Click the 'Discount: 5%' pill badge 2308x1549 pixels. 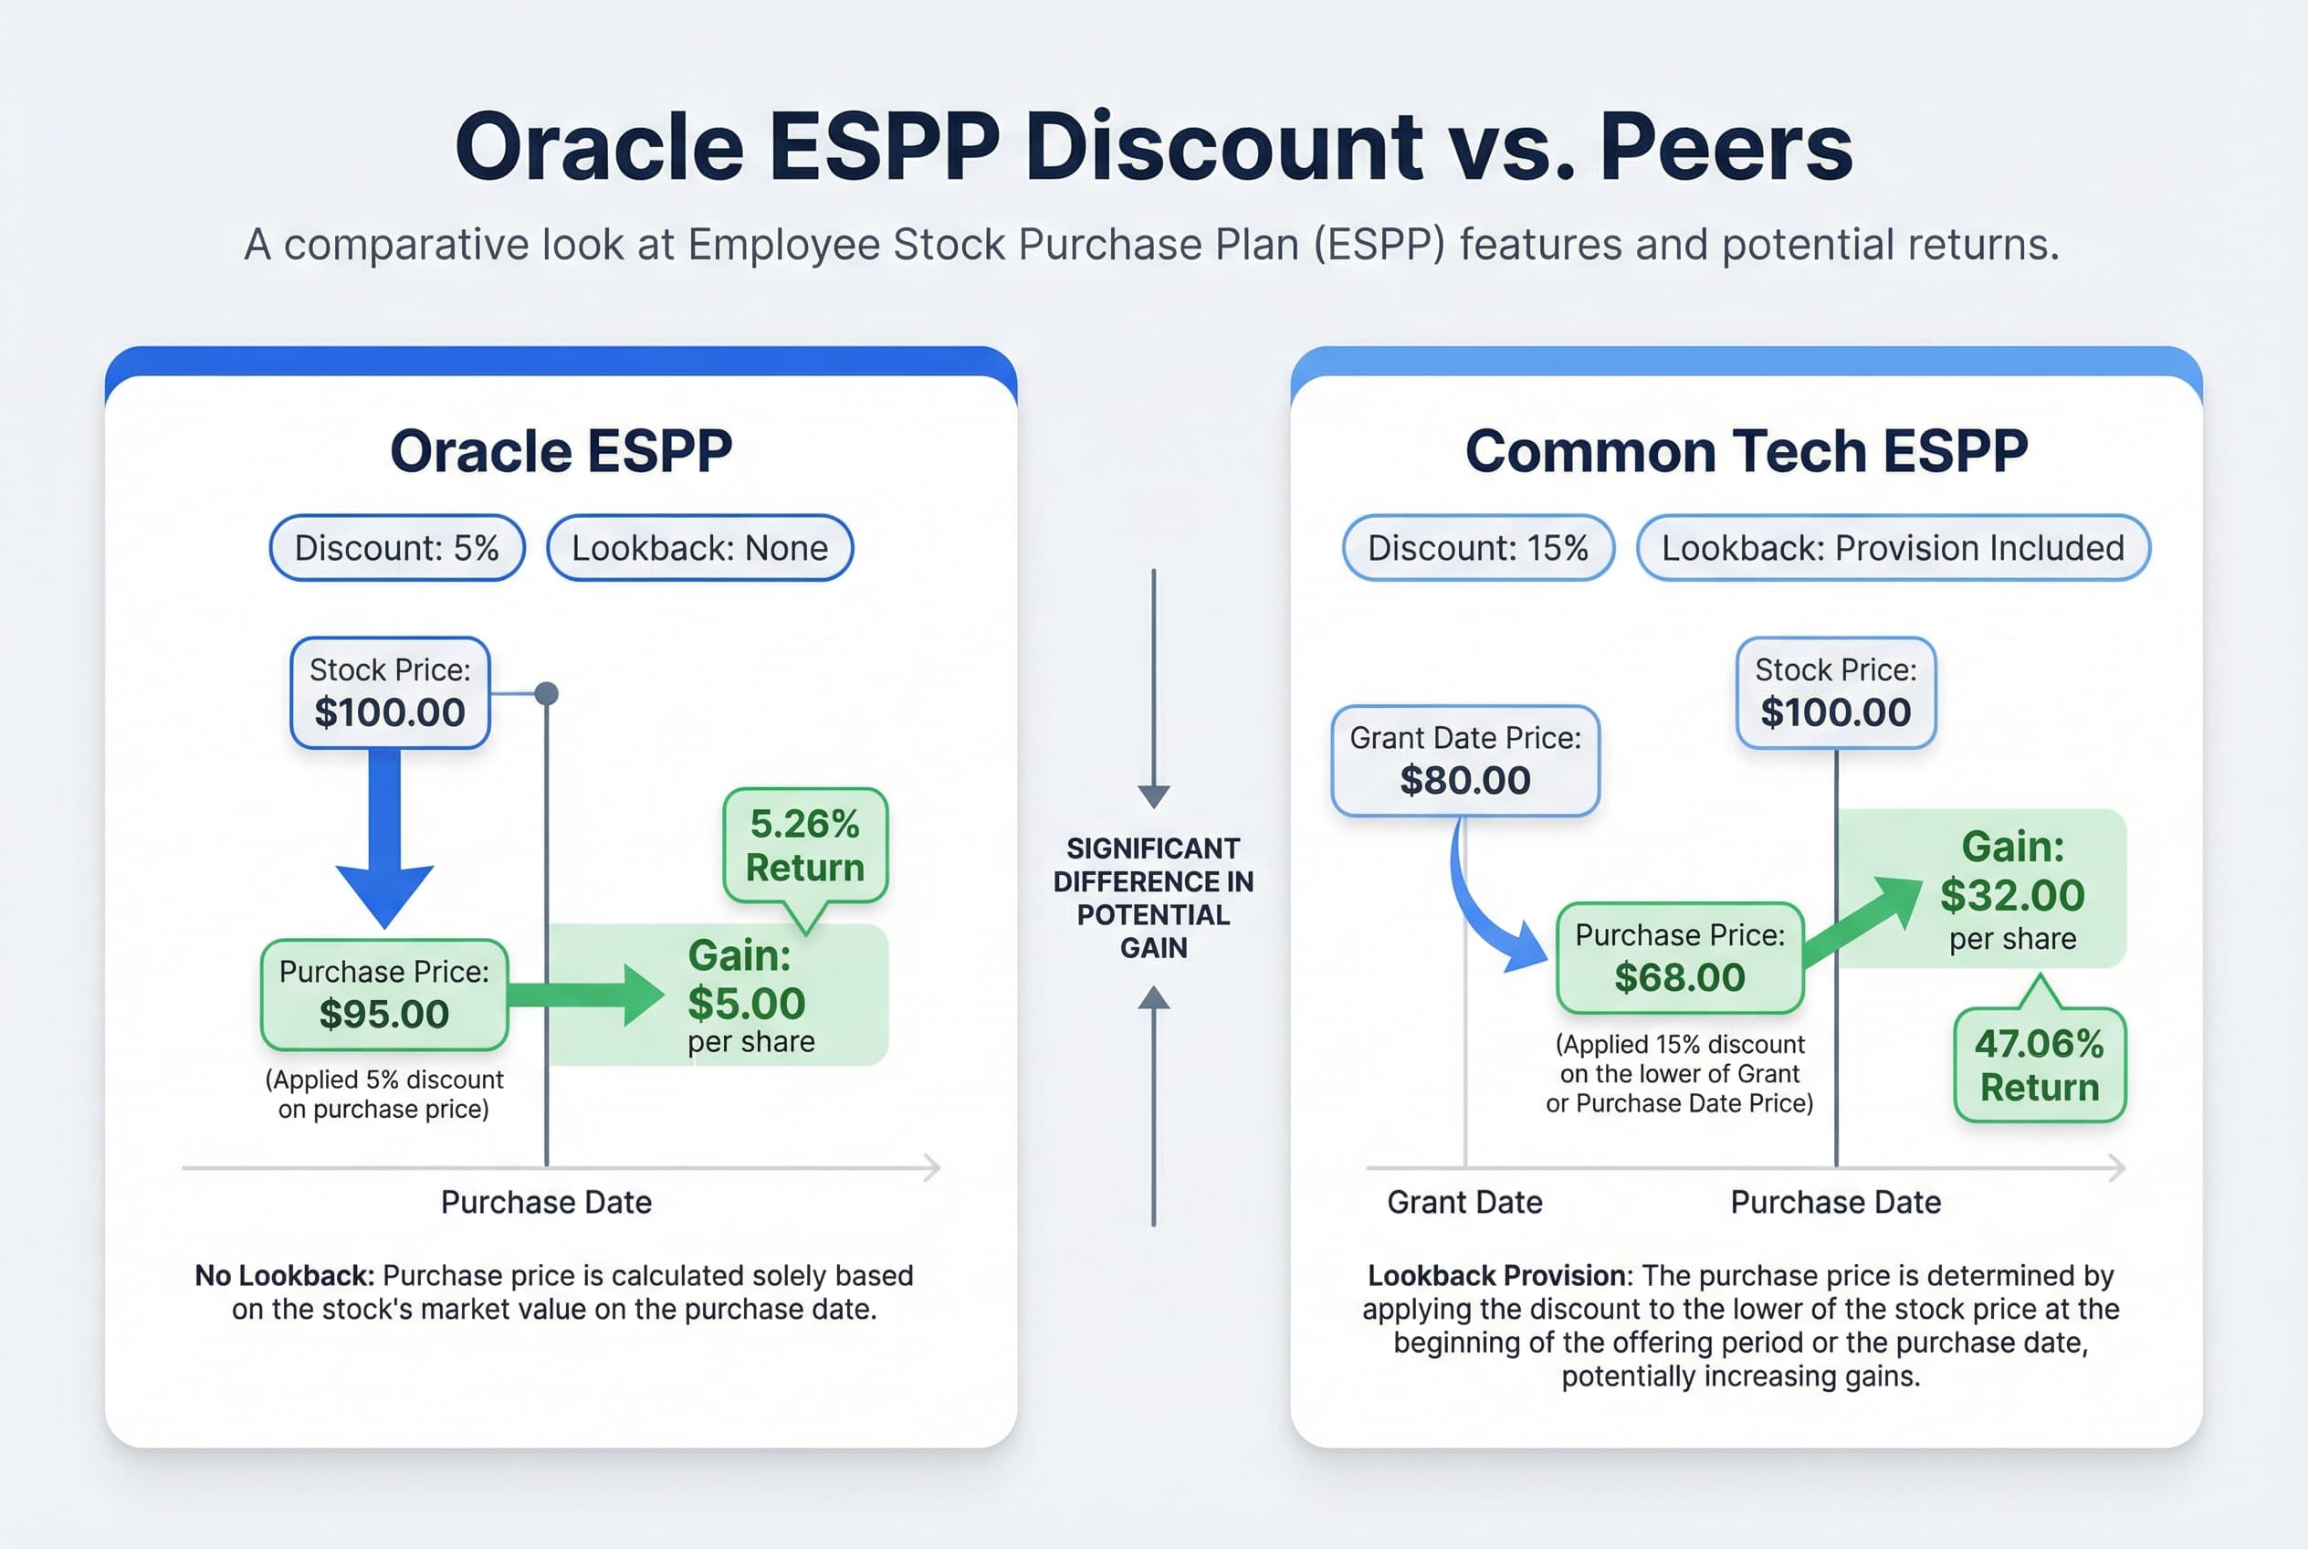[397, 547]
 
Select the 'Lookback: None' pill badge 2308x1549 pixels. [699, 547]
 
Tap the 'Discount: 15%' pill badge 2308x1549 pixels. [1477, 547]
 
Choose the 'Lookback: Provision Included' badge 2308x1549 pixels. [1893, 547]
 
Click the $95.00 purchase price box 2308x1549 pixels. [384, 995]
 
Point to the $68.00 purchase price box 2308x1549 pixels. [1679, 957]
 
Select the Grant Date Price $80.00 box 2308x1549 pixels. [1464, 760]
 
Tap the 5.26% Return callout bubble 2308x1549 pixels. [805, 846]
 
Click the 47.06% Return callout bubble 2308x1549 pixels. [2040, 1065]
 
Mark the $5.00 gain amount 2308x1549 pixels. [747, 1004]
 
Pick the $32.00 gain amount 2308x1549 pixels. [2011, 895]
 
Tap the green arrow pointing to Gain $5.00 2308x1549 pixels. [588, 995]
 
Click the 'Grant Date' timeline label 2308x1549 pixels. [1463, 1202]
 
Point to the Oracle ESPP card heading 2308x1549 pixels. [561, 451]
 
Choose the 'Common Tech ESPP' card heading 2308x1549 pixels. [1745, 451]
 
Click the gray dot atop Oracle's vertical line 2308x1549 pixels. [546, 693]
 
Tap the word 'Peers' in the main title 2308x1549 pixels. [1726, 147]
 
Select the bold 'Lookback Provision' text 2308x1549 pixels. [1496, 1275]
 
